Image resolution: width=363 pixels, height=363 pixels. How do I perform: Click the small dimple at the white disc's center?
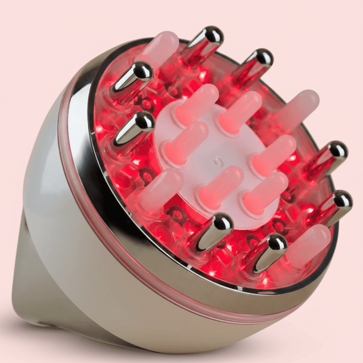click(216, 162)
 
